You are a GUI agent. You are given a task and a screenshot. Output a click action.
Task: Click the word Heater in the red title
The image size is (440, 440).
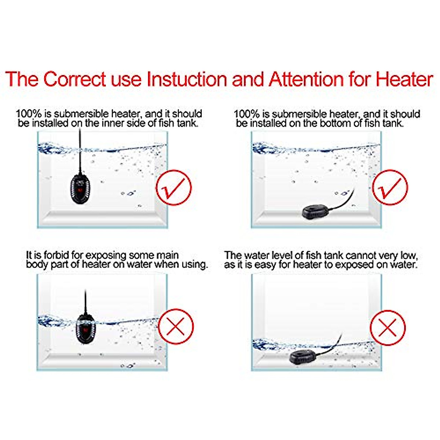tap(404, 79)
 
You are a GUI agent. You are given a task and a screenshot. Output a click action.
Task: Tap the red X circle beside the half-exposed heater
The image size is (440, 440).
tap(176, 326)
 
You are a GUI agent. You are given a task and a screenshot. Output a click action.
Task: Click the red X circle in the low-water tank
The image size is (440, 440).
tap(388, 327)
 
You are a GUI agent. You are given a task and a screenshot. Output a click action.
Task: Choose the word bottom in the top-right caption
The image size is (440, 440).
tap(334, 123)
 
